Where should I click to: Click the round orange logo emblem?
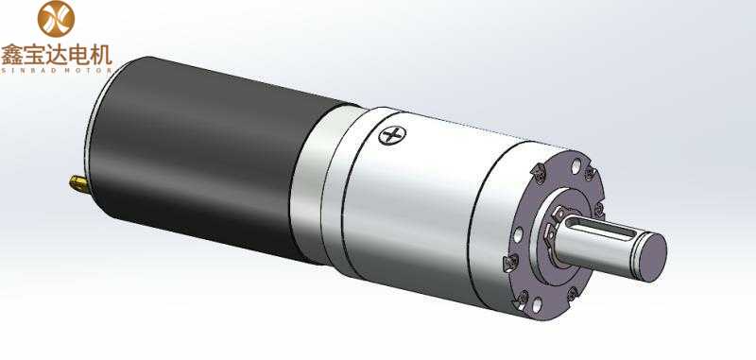pos(56,19)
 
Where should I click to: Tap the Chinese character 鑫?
pos(12,55)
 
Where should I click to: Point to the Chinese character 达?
pos(57,55)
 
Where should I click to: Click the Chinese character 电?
pos(78,55)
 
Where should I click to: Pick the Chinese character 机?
pos(101,55)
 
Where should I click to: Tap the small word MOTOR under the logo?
pos(88,70)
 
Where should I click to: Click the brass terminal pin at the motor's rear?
pos(78,183)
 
